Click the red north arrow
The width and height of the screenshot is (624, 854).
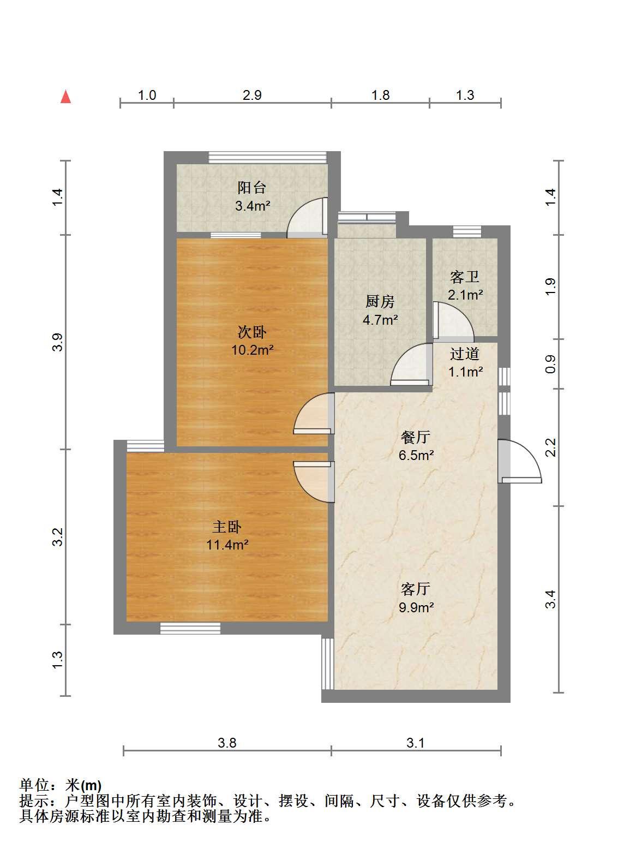[66, 97]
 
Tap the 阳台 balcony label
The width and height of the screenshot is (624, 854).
[252, 188]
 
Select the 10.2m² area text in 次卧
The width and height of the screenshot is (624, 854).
[253, 350]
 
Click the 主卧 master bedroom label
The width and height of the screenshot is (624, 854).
[227, 527]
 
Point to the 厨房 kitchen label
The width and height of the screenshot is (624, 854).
[380, 302]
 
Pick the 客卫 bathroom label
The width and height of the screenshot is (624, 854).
[465, 277]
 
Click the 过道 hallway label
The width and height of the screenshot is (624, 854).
[465, 354]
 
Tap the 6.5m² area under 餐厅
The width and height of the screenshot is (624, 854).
[416, 455]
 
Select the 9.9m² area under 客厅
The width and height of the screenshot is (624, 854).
[416, 607]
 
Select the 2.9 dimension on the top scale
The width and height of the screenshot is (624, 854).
[252, 95]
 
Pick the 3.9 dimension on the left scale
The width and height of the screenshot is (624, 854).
[58, 342]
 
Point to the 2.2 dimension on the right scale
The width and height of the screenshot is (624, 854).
[551, 447]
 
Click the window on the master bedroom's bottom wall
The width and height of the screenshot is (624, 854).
[190, 628]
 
